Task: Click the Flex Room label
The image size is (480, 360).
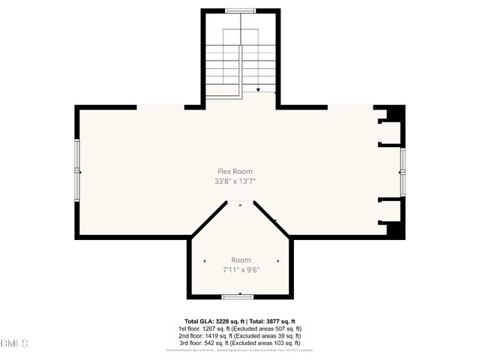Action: coord(235,172)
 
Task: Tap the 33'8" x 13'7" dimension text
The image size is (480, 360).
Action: coord(235,181)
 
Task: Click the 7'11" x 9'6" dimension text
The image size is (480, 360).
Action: coord(240,270)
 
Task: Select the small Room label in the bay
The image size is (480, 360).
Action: coord(241,260)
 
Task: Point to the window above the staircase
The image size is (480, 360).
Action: coord(240,10)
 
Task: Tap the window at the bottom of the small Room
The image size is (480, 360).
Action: coord(240,297)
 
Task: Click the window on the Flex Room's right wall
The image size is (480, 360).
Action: coord(403,172)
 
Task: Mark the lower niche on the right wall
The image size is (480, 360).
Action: coord(389,211)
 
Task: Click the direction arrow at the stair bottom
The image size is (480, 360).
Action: coord(259,90)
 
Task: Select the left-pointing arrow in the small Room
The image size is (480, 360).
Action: coord(205,261)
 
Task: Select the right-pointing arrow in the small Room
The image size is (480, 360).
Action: coord(278,261)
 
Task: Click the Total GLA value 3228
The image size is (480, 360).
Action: coord(217,321)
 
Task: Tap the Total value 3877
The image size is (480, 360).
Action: coord(269,321)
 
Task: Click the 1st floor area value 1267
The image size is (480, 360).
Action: coord(218,328)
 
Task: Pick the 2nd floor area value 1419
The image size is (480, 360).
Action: coord(220,335)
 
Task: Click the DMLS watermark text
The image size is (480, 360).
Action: coord(15,343)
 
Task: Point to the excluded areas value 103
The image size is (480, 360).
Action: coord(277,343)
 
